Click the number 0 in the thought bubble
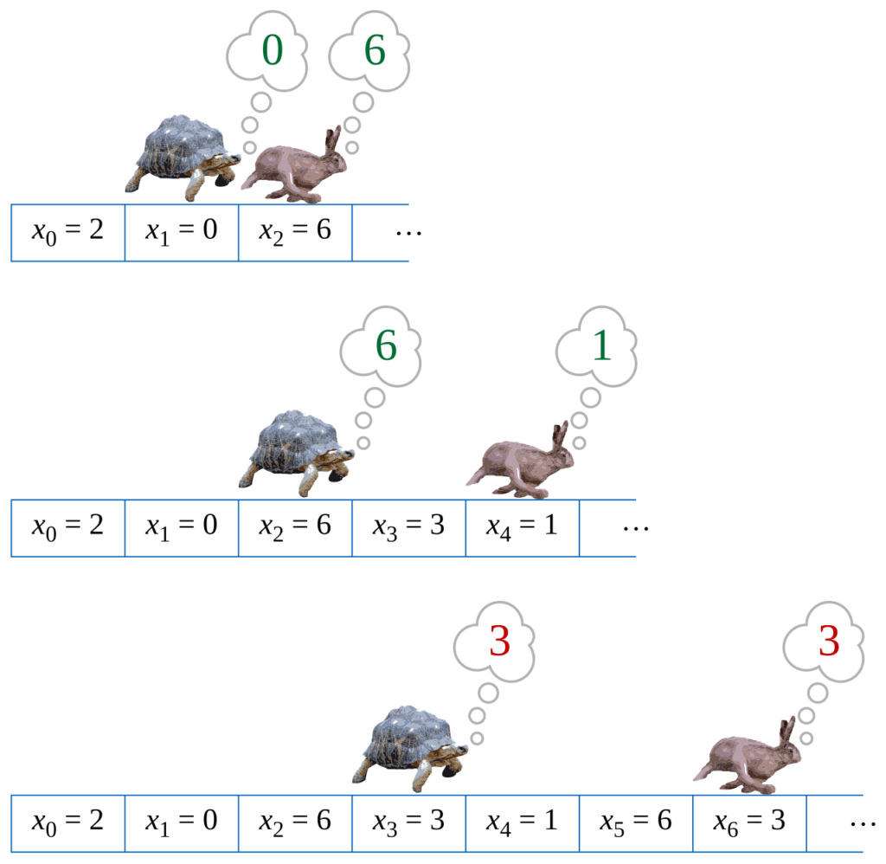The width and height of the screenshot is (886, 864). (x=272, y=52)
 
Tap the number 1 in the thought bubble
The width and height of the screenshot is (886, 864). (x=601, y=347)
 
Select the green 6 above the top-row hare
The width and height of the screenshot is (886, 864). (x=375, y=52)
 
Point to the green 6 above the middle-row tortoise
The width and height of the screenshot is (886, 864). (x=386, y=347)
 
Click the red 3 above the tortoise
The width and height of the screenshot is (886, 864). (x=500, y=642)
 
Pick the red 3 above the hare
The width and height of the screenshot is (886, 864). (x=829, y=642)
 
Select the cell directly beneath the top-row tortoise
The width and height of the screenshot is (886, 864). (x=181, y=233)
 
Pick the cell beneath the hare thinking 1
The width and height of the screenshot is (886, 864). (x=522, y=528)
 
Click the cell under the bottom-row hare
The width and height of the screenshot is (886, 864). (x=749, y=823)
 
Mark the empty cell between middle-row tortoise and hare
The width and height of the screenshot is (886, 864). (x=408, y=528)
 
